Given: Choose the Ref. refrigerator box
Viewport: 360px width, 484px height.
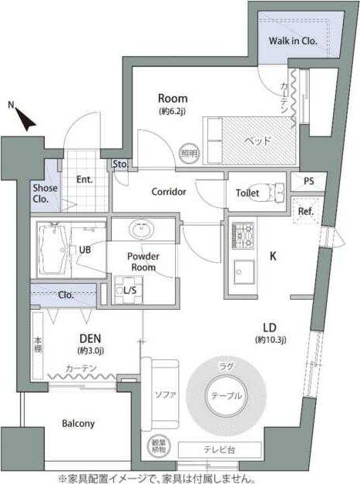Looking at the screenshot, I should (305, 211).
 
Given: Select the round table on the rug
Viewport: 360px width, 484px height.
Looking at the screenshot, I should (226, 396).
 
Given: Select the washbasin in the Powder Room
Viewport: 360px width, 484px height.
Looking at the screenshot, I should (140, 230).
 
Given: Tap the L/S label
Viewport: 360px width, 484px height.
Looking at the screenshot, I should (130, 291).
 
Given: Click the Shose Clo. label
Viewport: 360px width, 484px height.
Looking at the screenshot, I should (42, 193).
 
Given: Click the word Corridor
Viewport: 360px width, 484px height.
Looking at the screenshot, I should (168, 192).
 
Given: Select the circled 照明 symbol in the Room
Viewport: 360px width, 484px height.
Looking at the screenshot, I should (188, 153).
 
